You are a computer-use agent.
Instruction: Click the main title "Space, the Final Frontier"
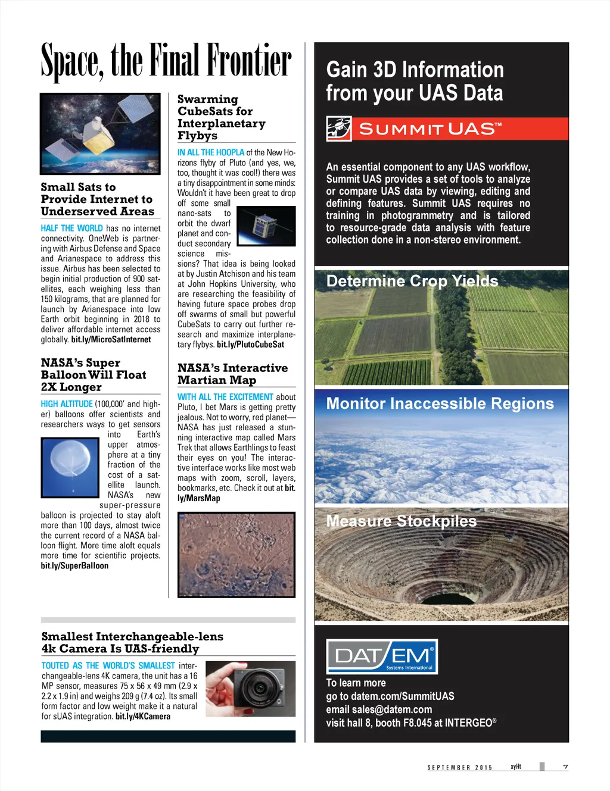point(166,61)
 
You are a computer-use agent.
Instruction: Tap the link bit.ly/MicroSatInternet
point(111,340)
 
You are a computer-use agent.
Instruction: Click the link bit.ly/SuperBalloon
point(74,566)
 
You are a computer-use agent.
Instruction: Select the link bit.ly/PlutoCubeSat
point(250,345)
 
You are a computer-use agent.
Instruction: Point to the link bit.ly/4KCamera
point(143,717)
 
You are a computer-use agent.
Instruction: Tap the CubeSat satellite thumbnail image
point(266,226)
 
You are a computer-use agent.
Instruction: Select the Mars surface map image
point(236,554)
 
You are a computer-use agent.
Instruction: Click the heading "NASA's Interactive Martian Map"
point(232,374)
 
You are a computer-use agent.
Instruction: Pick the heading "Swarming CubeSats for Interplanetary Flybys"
point(221,117)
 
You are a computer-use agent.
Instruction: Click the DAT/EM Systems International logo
point(382,656)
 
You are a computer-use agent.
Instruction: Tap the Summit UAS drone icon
point(339,129)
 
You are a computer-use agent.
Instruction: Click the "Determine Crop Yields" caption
point(412,281)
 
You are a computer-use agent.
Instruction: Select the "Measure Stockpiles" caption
point(402,521)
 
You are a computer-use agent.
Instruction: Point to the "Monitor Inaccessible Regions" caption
point(440,404)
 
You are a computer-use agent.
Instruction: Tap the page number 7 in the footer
point(565,767)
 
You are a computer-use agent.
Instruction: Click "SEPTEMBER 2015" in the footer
point(460,768)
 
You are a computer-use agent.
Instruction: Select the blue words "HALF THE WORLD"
point(71,229)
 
